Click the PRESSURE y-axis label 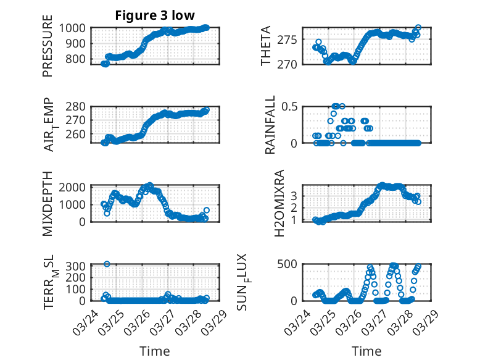tap(48, 50)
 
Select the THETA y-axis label tap(266, 46)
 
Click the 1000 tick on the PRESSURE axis tap(75, 28)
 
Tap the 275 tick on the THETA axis tap(290, 40)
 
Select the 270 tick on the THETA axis tap(290, 64)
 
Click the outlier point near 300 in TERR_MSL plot tap(107, 264)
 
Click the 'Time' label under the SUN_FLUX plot tap(366, 351)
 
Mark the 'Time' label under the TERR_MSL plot tap(154, 351)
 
